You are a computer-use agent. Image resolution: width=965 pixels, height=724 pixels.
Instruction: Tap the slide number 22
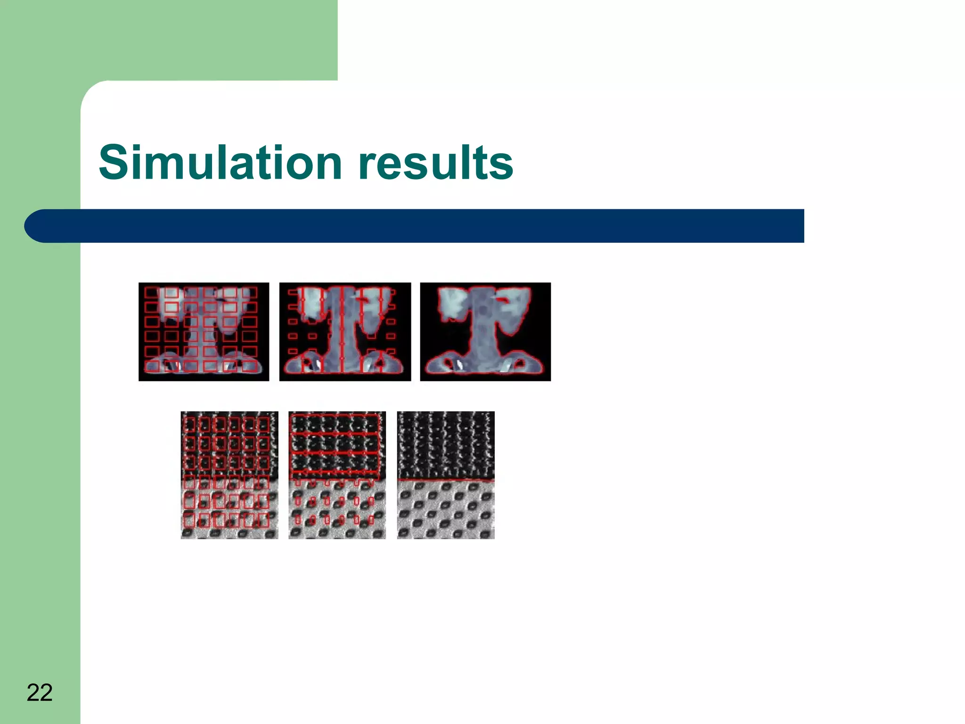click(x=40, y=692)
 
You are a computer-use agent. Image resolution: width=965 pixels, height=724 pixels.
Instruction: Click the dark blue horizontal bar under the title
click(x=424, y=226)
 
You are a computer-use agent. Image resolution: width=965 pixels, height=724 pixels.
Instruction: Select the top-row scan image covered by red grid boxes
click(x=204, y=331)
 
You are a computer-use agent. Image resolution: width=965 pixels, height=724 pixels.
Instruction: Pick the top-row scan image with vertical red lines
click(x=345, y=331)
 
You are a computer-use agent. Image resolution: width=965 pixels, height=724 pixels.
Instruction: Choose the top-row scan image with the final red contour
click(x=485, y=331)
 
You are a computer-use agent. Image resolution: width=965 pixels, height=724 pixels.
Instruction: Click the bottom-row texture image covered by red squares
click(x=229, y=475)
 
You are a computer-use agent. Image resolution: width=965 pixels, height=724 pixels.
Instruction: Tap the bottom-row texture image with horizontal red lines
click(x=337, y=475)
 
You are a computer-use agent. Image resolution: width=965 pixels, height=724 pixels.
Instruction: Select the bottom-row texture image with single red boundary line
click(x=446, y=475)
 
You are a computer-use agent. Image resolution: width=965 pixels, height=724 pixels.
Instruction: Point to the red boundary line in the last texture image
click(x=446, y=480)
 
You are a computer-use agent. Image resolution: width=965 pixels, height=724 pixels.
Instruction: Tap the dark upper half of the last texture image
click(x=446, y=443)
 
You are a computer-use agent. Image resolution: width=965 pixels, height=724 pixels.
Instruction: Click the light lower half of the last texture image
click(x=446, y=511)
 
